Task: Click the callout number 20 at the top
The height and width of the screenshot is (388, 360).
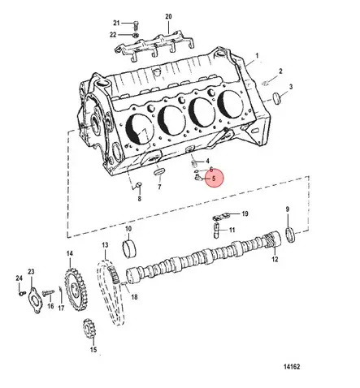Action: coord(168,16)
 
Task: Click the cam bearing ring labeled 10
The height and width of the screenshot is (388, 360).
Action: coord(128,247)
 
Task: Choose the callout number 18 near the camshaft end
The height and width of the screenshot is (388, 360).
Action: coord(134,298)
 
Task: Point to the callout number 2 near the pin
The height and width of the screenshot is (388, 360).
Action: coord(280,71)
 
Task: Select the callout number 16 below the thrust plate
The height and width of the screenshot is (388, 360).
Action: coord(50,307)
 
